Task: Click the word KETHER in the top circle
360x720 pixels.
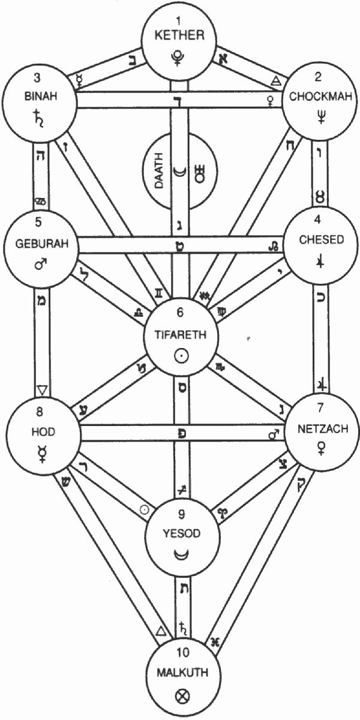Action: [179, 35]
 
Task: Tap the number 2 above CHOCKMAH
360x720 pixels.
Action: [318, 76]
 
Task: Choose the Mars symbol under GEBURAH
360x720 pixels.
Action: [41, 265]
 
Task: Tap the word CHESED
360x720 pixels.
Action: [322, 240]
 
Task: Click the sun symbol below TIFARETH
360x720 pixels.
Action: [179, 356]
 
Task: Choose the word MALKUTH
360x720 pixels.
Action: [179, 673]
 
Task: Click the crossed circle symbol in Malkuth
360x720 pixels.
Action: [179, 696]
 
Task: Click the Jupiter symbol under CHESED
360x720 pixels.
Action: [320, 262]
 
